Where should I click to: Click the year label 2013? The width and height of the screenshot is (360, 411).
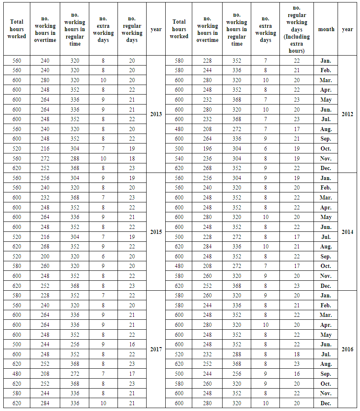tap(156, 114)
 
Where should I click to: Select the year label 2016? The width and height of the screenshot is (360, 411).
tap(348, 349)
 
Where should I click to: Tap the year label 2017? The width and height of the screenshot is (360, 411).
tap(156, 349)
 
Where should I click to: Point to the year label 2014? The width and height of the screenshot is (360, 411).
tap(348, 232)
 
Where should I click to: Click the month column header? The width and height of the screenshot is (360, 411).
tap(326, 29)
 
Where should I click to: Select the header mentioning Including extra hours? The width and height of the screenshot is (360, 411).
tap(296, 29)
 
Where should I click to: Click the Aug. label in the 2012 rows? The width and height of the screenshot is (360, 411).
tap(326, 129)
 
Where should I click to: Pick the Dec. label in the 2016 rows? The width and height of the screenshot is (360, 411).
tap(326, 403)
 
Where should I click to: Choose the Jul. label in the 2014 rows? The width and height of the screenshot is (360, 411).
tap(326, 237)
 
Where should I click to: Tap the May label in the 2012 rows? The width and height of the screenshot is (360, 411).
tap(326, 100)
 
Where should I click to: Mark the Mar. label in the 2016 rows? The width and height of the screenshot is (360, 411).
tap(326, 315)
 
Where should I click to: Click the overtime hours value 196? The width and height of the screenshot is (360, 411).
tap(207, 148)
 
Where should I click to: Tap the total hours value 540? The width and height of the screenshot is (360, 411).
tap(179, 158)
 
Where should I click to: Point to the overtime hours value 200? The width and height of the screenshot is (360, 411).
tap(45, 256)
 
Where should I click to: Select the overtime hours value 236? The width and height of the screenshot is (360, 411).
tap(207, 158)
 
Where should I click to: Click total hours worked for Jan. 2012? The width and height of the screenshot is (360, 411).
tap(179, 61)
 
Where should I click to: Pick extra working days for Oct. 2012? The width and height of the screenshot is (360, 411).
tap(266, 148)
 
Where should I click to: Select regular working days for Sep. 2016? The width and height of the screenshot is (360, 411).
tap(296, 374)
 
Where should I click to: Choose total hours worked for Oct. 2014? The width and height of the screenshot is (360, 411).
tap(179, 266)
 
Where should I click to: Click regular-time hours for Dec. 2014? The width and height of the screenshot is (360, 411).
tap(237, 286)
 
